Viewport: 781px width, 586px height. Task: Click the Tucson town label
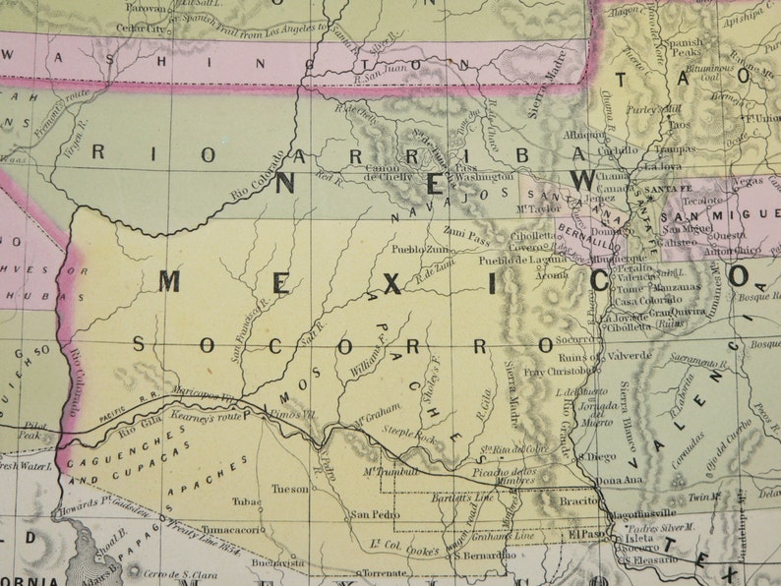coord(290,488)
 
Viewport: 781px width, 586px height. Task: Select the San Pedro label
coord(374,513)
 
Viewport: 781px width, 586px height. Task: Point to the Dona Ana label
coord(618,480)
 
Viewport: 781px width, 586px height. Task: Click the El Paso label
coord(586,534)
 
